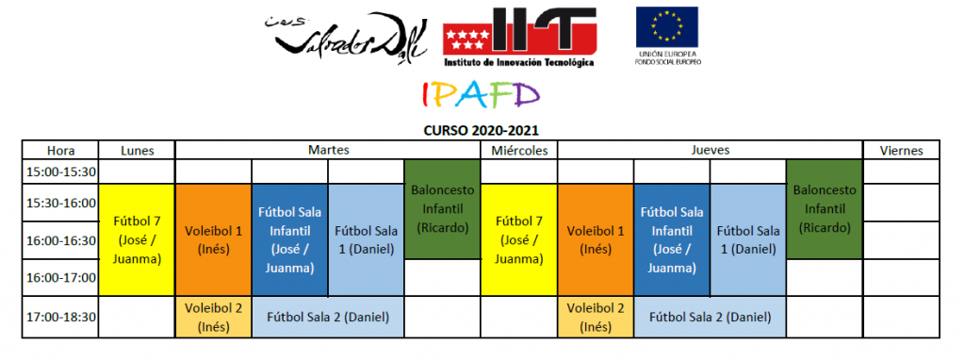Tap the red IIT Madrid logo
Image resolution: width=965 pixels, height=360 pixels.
[x=519, y=37]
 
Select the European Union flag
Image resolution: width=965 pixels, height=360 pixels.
[x=666, y=27]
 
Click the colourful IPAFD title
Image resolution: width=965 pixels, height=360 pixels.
[x=481, y=94]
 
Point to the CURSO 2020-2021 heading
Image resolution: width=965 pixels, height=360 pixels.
[x=481, y=130]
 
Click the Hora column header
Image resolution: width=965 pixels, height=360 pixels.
[x=60, y=150]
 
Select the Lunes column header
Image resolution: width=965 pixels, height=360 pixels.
[x=138, y=150]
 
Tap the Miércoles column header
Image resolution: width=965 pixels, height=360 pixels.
[x=519, y=150]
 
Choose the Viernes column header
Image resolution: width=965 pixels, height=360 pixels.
[x=901, y=150]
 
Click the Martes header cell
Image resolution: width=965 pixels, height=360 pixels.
[x=328, y=150]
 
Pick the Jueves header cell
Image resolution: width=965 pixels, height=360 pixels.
[x=710, y=150]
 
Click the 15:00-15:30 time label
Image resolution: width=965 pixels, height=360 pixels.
[x=60, y=172]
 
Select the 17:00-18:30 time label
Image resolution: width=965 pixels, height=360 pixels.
[x=60, y=318]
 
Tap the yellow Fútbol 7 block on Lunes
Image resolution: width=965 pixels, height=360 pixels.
[x=138, y=240]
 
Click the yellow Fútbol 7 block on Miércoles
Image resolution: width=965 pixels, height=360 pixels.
[x=519, y=240]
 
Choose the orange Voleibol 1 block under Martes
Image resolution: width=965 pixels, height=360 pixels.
[x=214, y=240]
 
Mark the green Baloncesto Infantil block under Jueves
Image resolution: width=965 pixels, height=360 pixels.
[x=824, y=209]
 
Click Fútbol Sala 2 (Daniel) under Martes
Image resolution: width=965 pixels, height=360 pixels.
[x=328, y=318]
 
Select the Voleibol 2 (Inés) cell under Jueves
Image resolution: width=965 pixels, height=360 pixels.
[x=596, y=318]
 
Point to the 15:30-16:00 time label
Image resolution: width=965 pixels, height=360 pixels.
[x=60, y=203]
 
